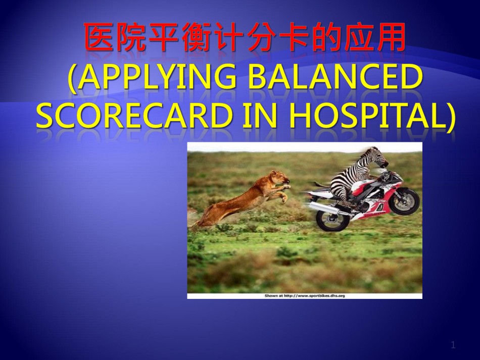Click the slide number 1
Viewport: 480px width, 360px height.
453,345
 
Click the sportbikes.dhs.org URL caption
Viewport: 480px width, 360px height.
305,296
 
